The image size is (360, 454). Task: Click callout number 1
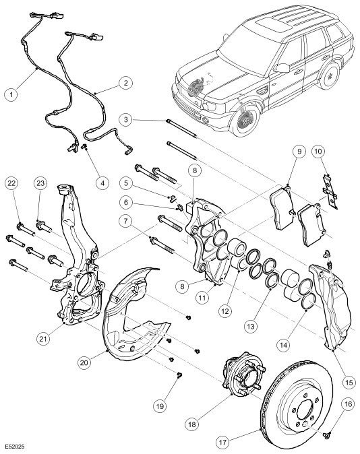11,94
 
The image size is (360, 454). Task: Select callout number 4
102,183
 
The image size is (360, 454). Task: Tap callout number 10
318,152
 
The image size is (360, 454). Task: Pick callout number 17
222,443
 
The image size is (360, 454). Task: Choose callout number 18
192,424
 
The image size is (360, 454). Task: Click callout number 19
160,406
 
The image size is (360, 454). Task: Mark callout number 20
84,362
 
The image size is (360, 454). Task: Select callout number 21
43,338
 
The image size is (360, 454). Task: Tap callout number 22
12,183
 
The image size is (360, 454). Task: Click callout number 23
40,183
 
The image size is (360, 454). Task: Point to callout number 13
251,327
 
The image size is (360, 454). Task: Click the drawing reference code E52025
14,447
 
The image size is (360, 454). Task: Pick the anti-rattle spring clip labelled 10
330,191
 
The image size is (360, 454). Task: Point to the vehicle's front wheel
245,119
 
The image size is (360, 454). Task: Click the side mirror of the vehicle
282,68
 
